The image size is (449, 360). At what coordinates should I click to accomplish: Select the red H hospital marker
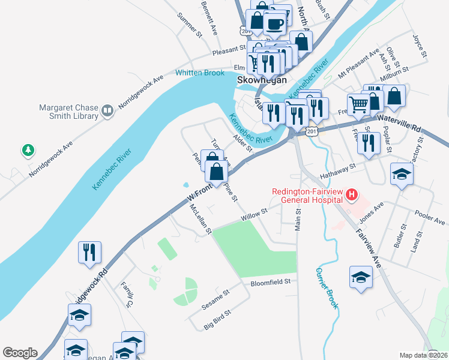coord(352,195)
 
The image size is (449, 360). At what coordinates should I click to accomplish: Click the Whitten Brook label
coord(200,73)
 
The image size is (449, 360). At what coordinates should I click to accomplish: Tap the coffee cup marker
coord(275,25)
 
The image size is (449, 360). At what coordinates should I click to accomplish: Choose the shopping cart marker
coord(358,104)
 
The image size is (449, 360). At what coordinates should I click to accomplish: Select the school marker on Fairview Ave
coord(361,276)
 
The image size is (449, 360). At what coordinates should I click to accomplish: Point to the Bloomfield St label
coord(270,281)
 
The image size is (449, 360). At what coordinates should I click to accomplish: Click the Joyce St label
coord(419,47)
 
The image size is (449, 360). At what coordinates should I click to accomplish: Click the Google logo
coord(20,353)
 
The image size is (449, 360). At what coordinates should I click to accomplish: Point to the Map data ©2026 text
coord(424,355)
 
